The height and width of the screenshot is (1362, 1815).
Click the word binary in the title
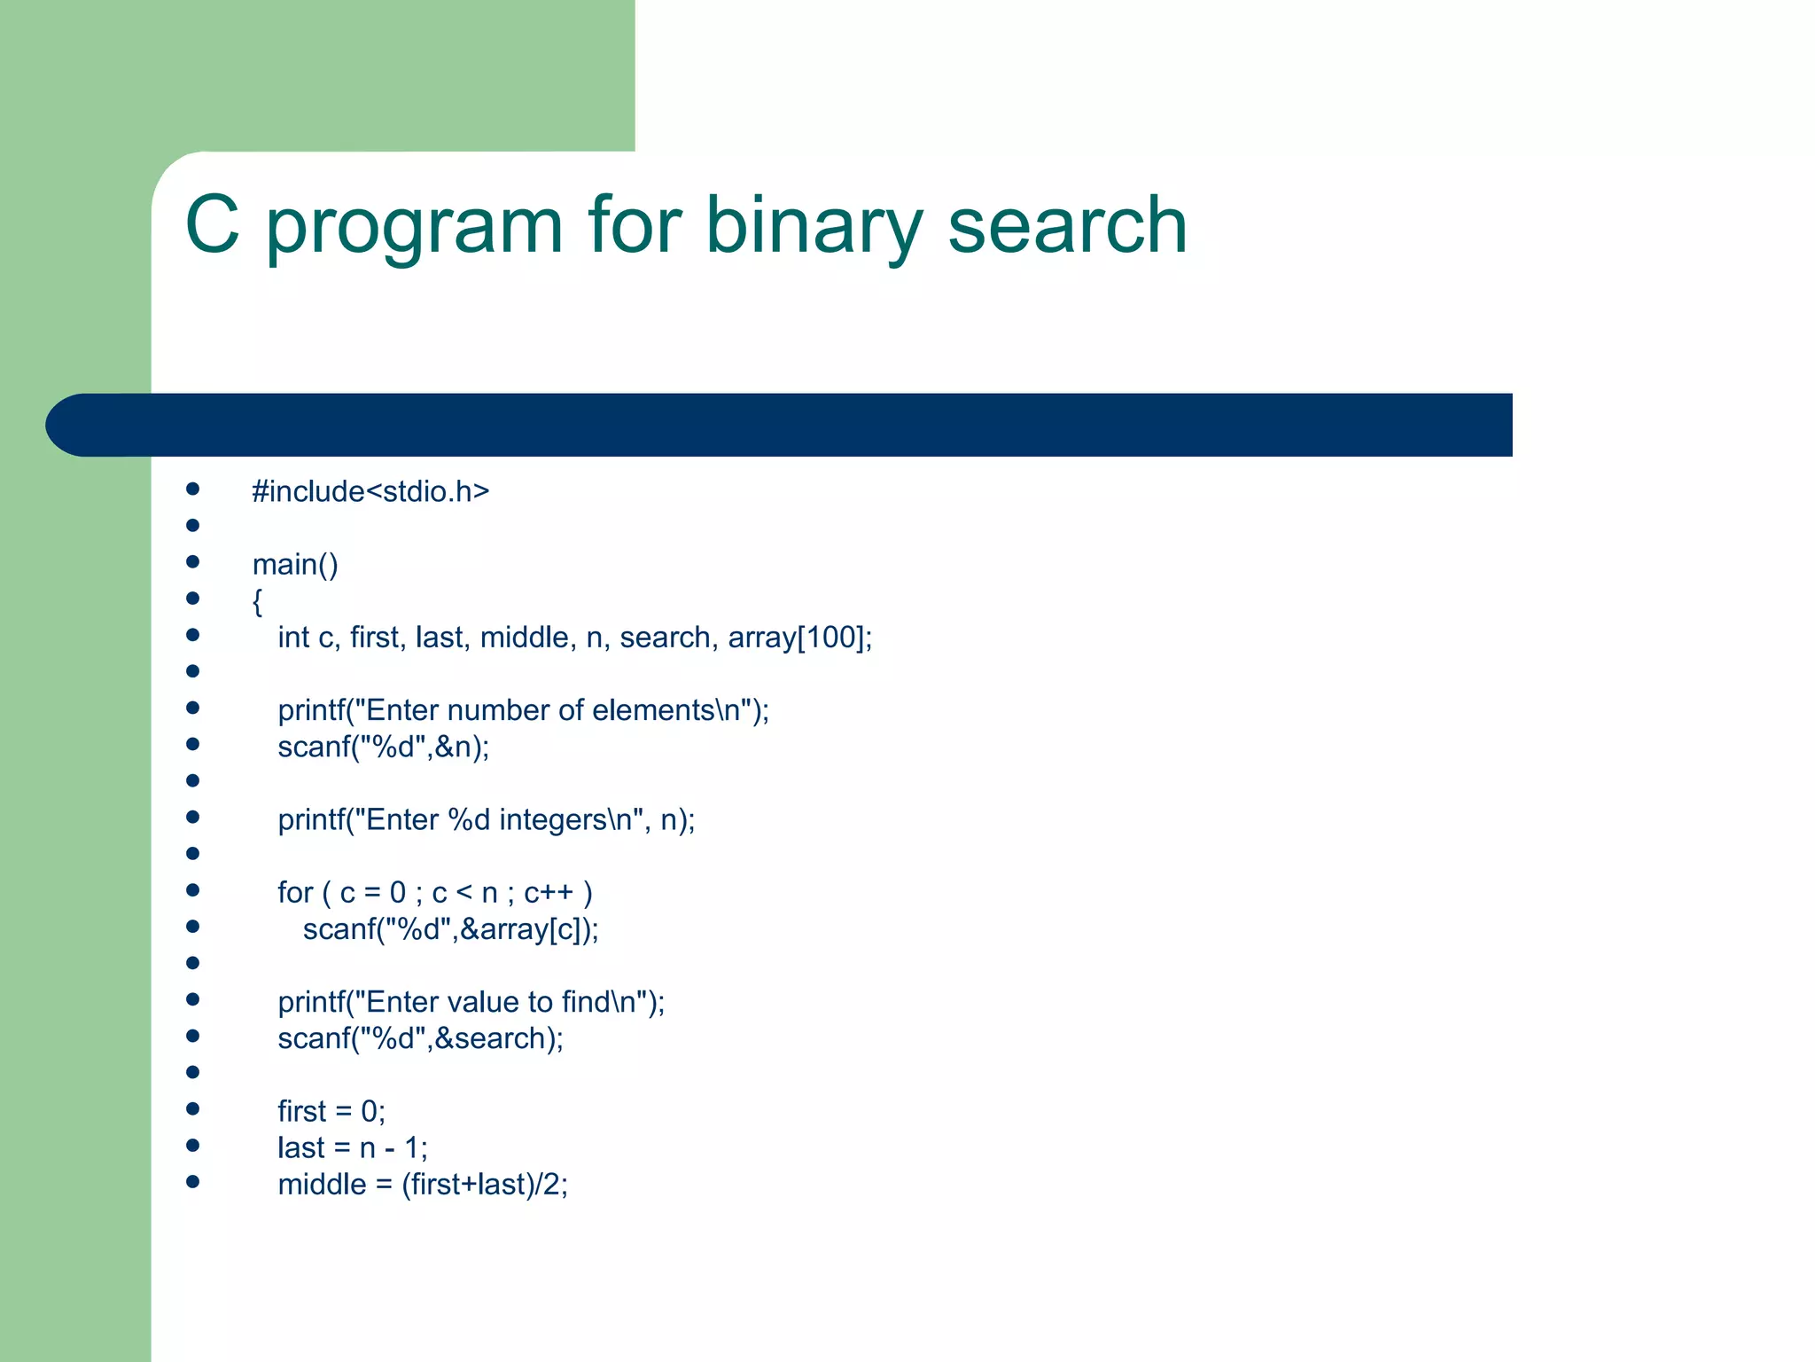click(813, 225)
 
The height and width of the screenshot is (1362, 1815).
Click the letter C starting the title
click(212, 225)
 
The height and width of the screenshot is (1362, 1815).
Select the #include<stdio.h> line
click(370, 491)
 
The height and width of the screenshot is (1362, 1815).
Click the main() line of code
click(295, 565)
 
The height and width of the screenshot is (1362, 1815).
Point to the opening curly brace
click(257, 601)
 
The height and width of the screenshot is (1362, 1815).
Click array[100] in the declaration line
click(796, 638)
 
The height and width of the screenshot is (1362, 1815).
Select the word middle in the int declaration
click(524, 638)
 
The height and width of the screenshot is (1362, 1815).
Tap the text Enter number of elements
click(540, 710)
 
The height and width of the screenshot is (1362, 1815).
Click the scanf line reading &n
click(383, 748)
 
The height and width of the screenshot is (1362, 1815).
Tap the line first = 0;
click(331, 1111)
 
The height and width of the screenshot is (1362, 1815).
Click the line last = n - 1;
click(352, 1148)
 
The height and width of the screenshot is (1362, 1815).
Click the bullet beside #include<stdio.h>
click(192, 489)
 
